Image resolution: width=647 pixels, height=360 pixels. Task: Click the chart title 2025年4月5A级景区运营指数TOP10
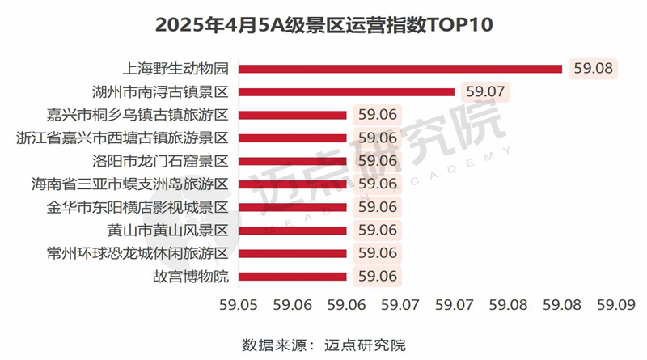click(323, 24)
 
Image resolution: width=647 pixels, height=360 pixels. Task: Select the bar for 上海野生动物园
click(400, 68)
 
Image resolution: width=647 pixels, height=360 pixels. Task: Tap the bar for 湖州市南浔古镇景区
click(347, 91)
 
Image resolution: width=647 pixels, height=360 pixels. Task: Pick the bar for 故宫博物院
click(293, 277)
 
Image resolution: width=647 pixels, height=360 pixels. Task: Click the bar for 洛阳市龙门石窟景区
click(293, 161)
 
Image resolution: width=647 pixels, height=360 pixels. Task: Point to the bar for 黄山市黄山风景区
click(293, 231)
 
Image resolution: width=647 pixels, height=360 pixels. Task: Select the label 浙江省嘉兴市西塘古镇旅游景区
click(123, 138)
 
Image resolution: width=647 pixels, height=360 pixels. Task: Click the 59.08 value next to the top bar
click(593, 68)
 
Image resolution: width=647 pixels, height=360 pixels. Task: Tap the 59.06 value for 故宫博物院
click(377, 277)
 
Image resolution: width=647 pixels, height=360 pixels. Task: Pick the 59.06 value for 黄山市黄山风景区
click(377, 231)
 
